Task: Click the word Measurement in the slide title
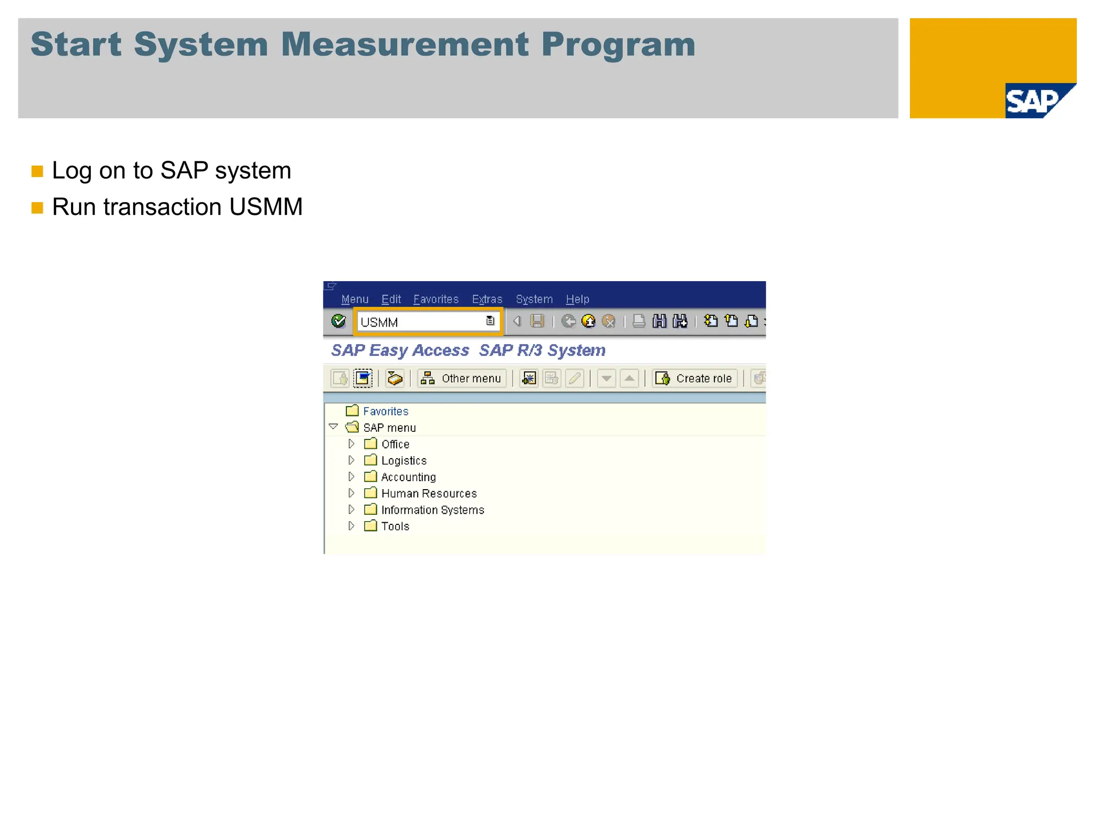pyautogui.click(x=405, y=44)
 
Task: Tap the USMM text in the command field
pyautogui.click(x=379, y=322)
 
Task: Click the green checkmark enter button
pyautogui.click(x=338, y=321)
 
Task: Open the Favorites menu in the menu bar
pyautogui.click(x=436, y=299)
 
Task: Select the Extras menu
pyautogui.click(x=487, y=299)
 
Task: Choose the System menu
pyautogui.click(x=534, y=299)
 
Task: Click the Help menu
pyautogui.click(x=577, y=299)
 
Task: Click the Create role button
pyautogui.click(x=694, y=378)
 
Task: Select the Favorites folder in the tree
pyautogui.click(x=385, y=411)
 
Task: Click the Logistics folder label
pyautogui.click(x=404, y=461)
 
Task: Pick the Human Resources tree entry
pyautogui.click(x=429, y=493)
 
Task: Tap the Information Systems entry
pyautogui.click(x=433, y=510)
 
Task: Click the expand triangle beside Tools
pyautogui.click(x=351, y=526)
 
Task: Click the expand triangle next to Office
pyautogui.click(x=351, y=444)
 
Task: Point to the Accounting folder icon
pyautogui.click(x=371, y=476)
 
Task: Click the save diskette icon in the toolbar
pyautogui.click(x=537, y=321)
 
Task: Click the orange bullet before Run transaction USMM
pyautogui.click(x=37, y=207)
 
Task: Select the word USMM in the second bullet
pyautogui.click(x=266, y=207)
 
